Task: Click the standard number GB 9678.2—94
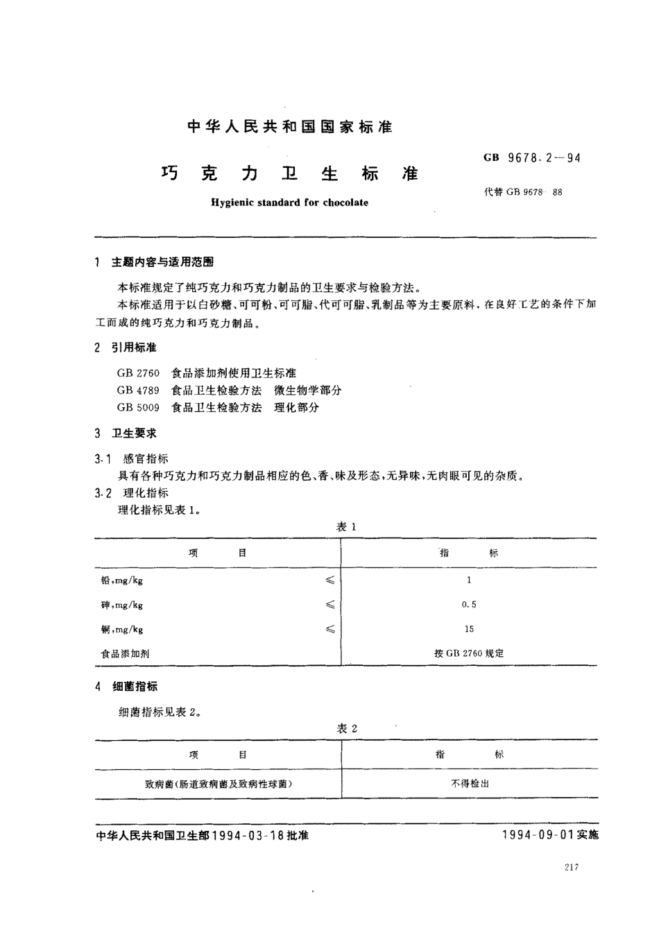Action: pos(532,157)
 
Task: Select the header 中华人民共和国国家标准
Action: pos(290,127)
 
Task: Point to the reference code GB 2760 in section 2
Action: pos(138,373)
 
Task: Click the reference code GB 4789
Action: pos(138,391)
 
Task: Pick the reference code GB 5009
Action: pos(138,408)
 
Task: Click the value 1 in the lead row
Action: pos(469,580)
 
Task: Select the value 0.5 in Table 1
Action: pos(469,605)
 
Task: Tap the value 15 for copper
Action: pos(469,629)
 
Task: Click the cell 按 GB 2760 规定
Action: pos(469,653)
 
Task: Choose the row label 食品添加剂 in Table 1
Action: pos(125,653)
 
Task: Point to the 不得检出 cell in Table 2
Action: pos(470,783)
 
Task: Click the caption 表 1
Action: pos(346,527)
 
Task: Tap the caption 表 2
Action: pos(346,728)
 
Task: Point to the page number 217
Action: pos(571,867)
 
